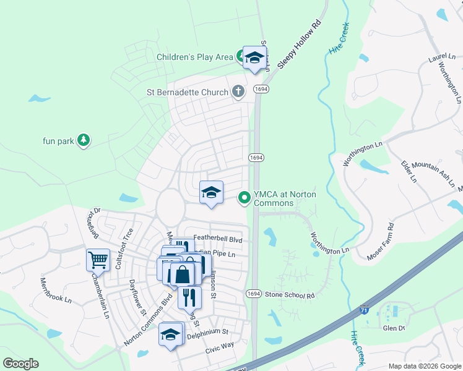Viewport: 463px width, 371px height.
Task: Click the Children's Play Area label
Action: point(194,58)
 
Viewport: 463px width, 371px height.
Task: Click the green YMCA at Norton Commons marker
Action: point(244,198)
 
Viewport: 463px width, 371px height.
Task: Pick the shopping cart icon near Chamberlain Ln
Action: point(98,260)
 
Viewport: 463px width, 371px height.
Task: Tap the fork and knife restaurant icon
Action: point(190,297)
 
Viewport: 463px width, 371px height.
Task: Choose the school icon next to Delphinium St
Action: point(171,335)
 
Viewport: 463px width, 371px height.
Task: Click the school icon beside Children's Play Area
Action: point(254,58)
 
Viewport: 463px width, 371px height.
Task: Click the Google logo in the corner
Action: point(20,364)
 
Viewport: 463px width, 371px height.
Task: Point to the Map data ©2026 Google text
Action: point(424,366)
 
